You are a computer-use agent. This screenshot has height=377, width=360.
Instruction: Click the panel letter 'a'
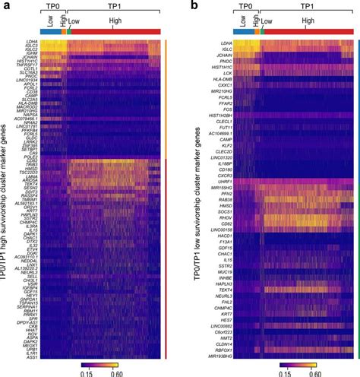click(5, 5)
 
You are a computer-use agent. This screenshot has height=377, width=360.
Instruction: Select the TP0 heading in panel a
click(52, 7)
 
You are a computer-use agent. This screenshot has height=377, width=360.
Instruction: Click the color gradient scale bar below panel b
click(297, 363)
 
